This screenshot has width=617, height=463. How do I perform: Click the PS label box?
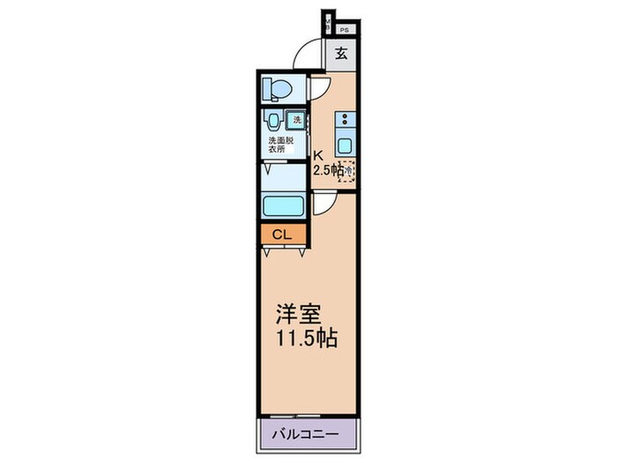coord(344,29)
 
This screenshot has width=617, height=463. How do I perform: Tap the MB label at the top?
coord(328,25)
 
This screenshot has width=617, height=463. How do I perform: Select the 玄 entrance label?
coord(341,54)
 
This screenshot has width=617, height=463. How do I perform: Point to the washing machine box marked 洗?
coord(298,118)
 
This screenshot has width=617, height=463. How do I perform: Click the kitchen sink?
coord(345,146)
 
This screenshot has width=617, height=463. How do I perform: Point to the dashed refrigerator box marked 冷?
coord(349,170)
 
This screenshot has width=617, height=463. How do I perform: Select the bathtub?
coord(284,205)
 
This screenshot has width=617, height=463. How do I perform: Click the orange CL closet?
coord(282,235)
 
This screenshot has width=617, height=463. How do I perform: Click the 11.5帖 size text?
coord(305,338)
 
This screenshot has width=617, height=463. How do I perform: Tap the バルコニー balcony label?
coord(309,434)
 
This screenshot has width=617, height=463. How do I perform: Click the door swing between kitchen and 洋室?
coord(325,202)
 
